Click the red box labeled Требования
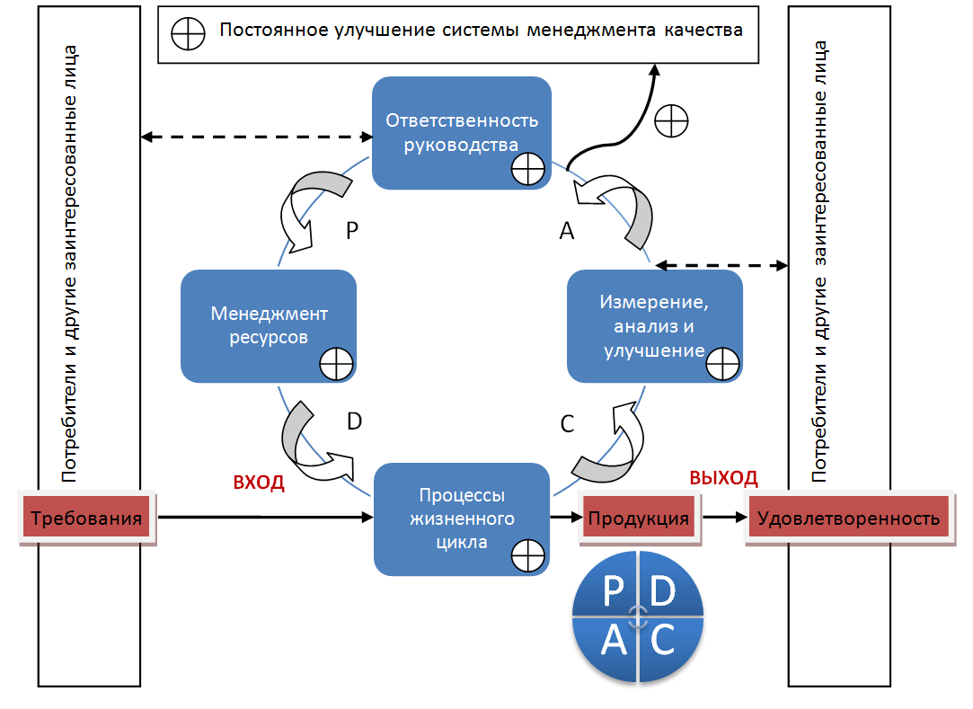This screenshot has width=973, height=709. [x=86, y=518]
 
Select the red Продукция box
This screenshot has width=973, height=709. [x=638, y=518]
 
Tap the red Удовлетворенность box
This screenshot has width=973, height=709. [x=848, y=518]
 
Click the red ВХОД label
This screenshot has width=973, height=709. [x=259, y=483]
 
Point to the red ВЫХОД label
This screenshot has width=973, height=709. [x=723, y=477]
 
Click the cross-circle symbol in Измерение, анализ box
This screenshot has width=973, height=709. [x=722, y=364]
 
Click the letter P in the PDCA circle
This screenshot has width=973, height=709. [x=613, y=593]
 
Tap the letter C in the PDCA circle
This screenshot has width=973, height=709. [x=662, y=640]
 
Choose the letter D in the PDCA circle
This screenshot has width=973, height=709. [x=662, y=593]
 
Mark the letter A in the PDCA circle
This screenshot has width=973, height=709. [x=613, y=640]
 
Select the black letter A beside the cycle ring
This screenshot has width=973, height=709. [x=567, y=232]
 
